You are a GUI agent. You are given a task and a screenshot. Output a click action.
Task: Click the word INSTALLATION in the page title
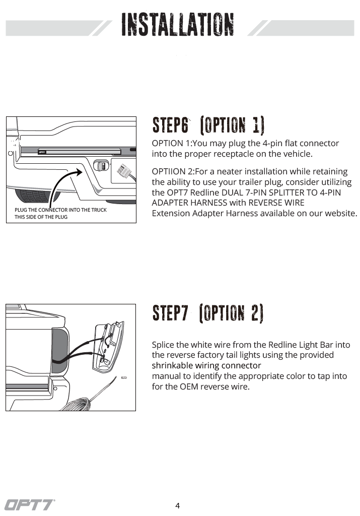pyautogui.click(x=178, y=25)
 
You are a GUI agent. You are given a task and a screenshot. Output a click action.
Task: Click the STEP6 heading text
pyautogui.click(x=171, y=125)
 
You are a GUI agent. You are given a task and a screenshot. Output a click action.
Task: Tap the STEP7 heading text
pyautogui.click(x=171, y=313)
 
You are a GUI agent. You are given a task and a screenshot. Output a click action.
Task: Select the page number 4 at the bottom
pyautogui.click(x=177, y=506)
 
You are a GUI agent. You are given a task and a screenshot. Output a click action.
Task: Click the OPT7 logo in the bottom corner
pyautogui.click(x=30, y=504)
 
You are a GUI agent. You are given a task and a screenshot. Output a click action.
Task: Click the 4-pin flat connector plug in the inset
pyautogui.click(x=122, y=173)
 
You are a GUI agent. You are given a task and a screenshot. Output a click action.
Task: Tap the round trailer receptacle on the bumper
pyautogui.click(x=100, y=166)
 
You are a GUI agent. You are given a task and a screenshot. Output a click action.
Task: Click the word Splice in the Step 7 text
pyautogui.click(x=163, y=345)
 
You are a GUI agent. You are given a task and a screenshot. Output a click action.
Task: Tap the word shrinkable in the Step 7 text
pyautogui.click(x=173, y=365)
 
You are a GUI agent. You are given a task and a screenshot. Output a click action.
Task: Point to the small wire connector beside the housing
pyautogui.click(x=124, y=377)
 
